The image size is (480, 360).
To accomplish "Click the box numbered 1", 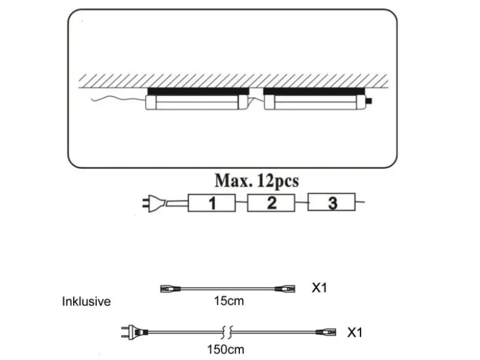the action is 212,202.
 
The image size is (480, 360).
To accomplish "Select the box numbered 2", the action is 271,202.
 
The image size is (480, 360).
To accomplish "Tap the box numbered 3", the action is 332,202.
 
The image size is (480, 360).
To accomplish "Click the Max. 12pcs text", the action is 257,181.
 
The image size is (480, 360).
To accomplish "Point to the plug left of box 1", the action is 154,204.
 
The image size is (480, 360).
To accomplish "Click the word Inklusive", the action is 86,302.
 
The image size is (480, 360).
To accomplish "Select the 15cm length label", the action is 229,301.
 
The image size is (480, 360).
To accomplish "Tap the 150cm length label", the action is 226,350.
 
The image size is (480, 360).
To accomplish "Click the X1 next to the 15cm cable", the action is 319,288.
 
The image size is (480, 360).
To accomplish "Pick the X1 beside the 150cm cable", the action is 355,332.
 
